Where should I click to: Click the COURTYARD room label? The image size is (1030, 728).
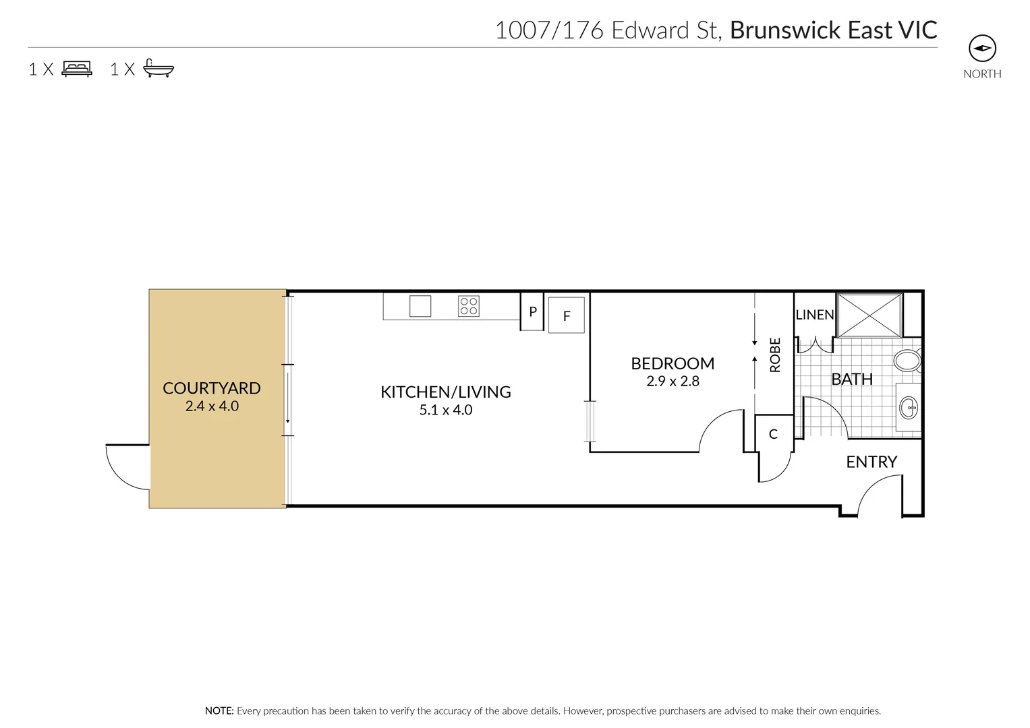(211, 388)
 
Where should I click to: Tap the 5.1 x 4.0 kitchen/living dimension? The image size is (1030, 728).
(445, 410)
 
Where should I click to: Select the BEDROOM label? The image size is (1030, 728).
(672, 363)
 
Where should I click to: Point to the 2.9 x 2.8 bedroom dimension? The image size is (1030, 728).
(672, 381)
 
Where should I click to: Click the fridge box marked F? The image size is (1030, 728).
(566, 315)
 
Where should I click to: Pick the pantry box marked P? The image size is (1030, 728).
(532, 312)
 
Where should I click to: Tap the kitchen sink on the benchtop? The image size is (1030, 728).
(420, 306)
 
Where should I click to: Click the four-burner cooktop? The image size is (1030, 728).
(469, 306)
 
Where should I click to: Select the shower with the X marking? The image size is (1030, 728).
(869, 315)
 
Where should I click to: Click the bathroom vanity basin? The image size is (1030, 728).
(909, 407)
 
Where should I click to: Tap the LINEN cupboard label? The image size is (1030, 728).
(815, 315)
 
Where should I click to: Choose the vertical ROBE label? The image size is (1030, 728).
(775, 355)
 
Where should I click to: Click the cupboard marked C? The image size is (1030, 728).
(773, 434)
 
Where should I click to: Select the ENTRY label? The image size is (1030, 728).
(871, 462)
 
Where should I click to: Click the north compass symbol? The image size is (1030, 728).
(982, 49)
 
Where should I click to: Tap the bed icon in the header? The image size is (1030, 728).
(77, 69)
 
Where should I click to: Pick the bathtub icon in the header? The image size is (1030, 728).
(159, 69)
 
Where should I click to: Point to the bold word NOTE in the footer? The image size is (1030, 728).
(219, 710)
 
